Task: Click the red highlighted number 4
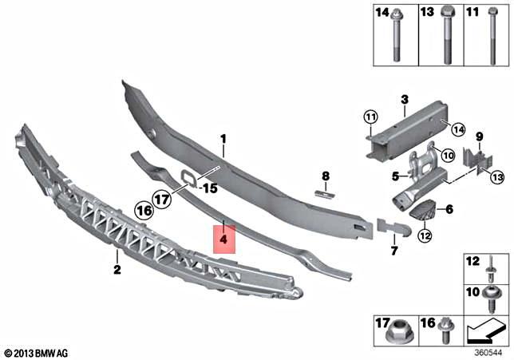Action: (x=224, y=239)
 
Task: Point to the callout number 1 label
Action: (x=224, y=138)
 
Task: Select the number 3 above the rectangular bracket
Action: (x=405, y=99)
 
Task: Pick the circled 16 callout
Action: (x=144, y=212)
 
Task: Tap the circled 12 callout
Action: (x=424, y=235)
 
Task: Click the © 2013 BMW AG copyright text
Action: (x=37, y=352)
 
